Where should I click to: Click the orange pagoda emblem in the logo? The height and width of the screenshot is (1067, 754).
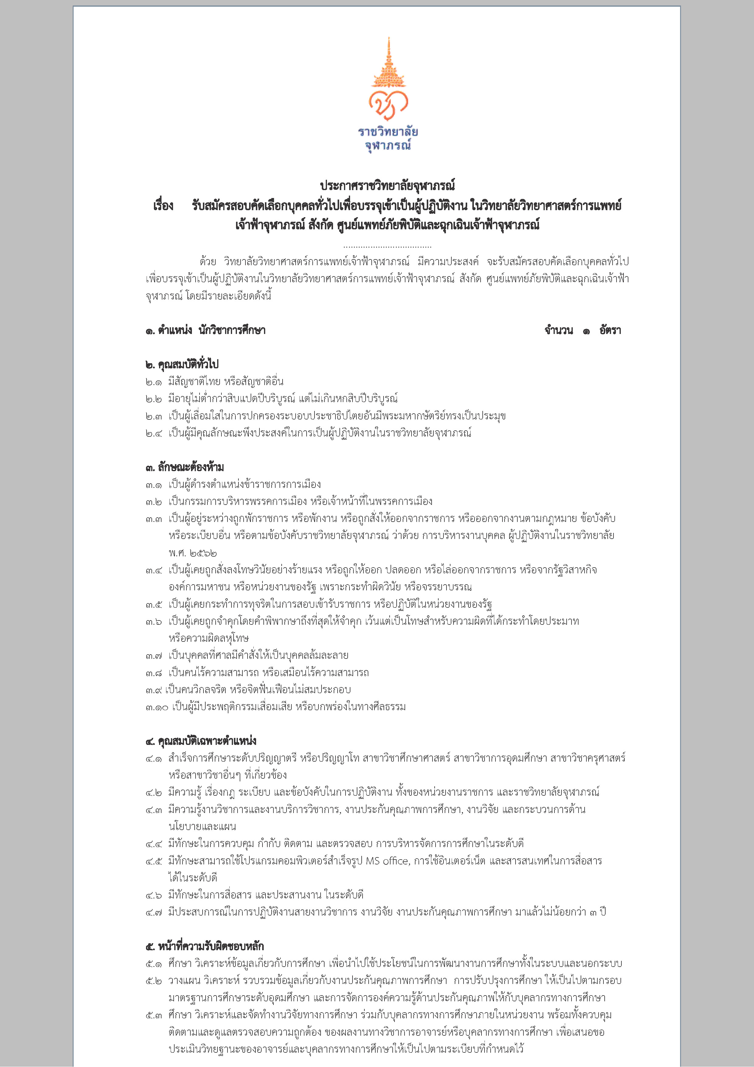pyautogui.click(x=388, y=65)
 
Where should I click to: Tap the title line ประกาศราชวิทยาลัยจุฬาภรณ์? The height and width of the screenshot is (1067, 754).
pyautogui.click(x=387, y=186)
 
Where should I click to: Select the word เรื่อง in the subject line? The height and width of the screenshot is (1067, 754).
pyautogui.click(x=163, y=205)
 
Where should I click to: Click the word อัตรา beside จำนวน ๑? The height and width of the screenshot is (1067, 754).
pyautogui.click(x=610, y=330)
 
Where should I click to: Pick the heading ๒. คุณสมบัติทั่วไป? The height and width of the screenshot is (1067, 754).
pyautogui.click(x=182, y=364)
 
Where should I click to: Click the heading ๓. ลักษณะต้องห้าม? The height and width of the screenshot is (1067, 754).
pyautogui.click(x=184, y=467)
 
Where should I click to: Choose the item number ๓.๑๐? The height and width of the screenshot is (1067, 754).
pyautogui.click(x=156, y=707)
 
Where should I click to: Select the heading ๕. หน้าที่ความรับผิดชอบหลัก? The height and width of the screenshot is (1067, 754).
pyautogui.click(x=204, y=946)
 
